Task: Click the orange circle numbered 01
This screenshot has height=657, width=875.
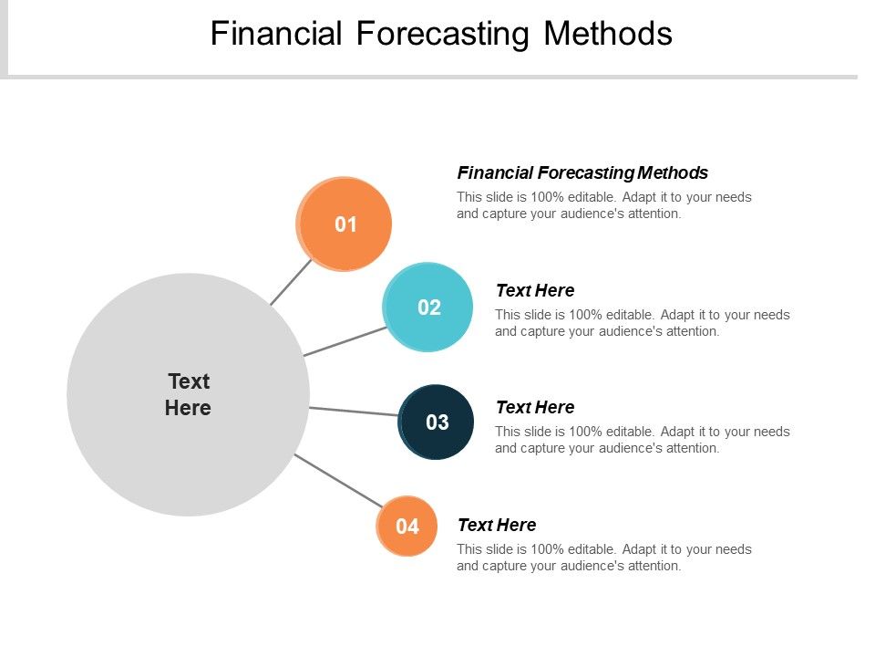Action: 345,224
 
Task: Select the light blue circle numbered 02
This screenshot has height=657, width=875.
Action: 428,308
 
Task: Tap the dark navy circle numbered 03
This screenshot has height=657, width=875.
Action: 437,422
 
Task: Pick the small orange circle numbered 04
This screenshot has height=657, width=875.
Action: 407,527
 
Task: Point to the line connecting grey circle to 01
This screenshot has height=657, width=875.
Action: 291,282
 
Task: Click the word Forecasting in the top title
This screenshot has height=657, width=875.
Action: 442,34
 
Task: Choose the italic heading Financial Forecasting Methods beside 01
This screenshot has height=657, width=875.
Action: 582,172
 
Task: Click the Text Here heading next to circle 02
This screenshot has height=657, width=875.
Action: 534,290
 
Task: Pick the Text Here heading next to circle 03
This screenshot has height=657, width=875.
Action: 534,407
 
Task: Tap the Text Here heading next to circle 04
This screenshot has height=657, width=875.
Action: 496,525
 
